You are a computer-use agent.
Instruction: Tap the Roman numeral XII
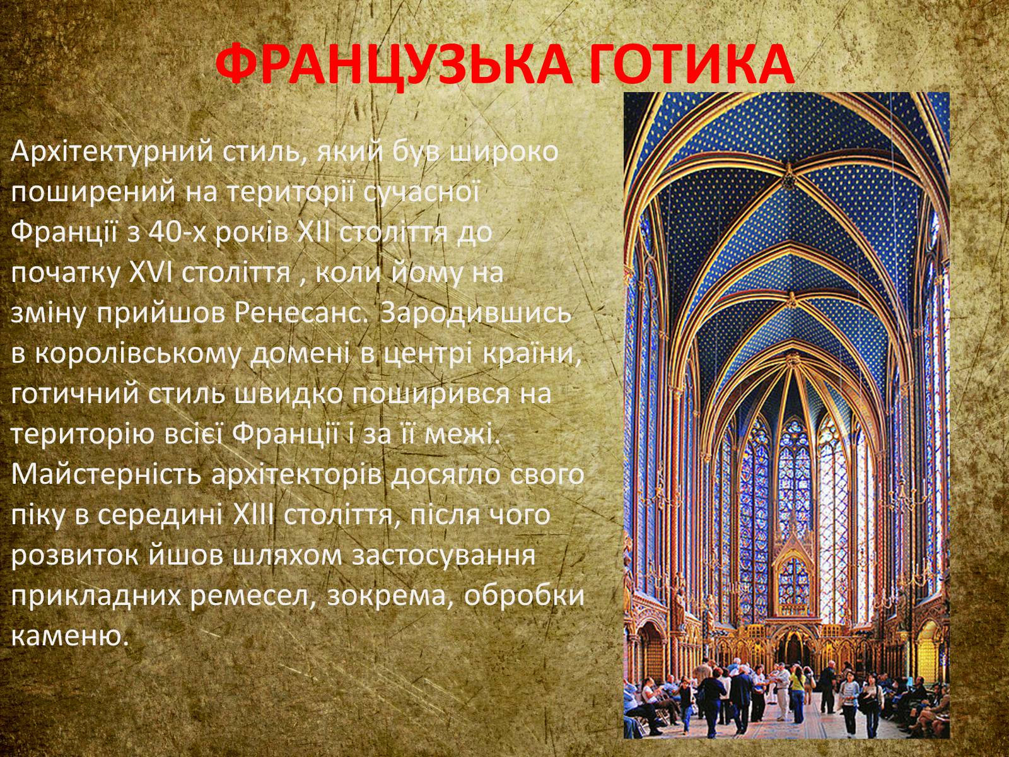pos(313,233)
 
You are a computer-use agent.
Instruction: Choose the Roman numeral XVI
pos(150,273)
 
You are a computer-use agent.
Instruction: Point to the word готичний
pos(74,394)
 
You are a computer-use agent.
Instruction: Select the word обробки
pos(524,596)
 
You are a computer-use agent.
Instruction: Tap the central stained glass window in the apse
pos(793,473)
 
